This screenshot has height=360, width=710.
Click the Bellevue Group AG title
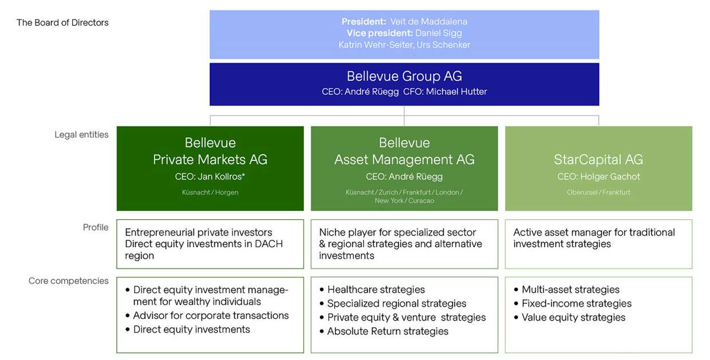(404, 76)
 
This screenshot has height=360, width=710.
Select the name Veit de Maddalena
(428, 22)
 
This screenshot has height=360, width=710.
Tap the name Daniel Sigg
(439, 33)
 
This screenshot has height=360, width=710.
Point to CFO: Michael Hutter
(445, 92)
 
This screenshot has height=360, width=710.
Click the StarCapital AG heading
(598, 160)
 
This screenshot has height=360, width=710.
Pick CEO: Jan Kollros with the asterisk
(210, 176)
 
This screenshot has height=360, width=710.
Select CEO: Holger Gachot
(598, 176)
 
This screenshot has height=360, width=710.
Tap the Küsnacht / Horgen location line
(210, 192)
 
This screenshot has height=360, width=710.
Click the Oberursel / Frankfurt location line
(598, 192)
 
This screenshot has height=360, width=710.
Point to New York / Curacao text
(404, 200)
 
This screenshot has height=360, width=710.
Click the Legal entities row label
(81, 134)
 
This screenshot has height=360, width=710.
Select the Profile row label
(96, 227)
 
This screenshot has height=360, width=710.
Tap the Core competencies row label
(69, 281)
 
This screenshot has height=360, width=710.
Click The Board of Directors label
(62, 22)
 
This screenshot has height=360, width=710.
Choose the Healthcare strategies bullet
(372, 290)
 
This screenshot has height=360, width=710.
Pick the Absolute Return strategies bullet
(384, 331)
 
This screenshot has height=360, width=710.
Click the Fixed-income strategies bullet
(573, 303)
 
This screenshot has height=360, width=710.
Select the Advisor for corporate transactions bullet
(207, 315)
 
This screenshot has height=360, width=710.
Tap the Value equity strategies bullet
(570, 317)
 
